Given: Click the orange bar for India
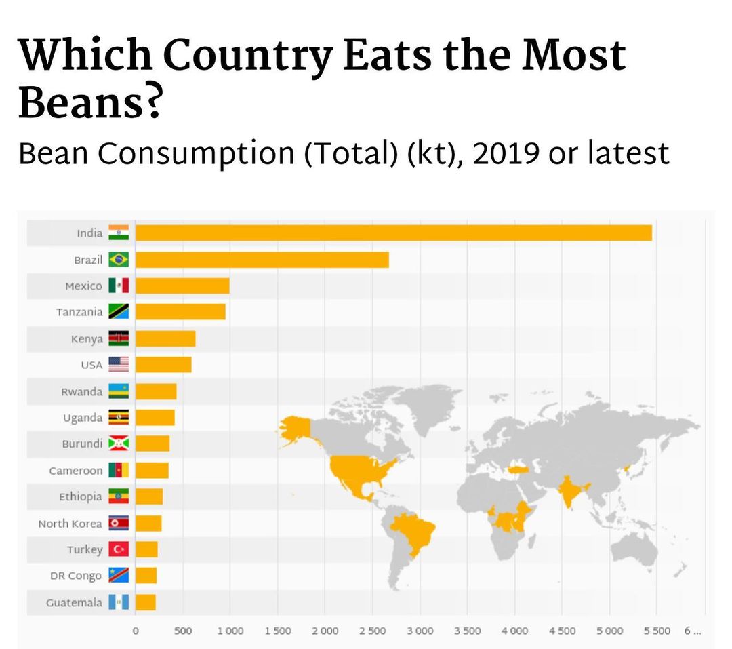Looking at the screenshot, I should coord(393,233).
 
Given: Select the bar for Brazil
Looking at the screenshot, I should coord(262,259).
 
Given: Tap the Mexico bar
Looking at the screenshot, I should coord(182,286).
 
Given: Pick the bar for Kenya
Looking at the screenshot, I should coord(165,338).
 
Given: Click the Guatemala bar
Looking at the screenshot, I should coord(146,602).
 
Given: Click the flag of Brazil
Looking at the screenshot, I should coord(119,259).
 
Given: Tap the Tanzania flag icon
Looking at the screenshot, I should coord(119,312).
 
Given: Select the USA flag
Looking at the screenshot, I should coord(119,365).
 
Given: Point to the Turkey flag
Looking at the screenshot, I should coord(119,549).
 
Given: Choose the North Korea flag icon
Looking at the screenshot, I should coord(119,523).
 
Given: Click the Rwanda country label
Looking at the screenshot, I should coord(81,391).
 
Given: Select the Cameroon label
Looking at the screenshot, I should coord(76,471).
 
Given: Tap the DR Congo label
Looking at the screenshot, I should coord(76,576).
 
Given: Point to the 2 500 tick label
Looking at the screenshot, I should coord(372,631).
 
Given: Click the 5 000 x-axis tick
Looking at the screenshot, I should coord(609,631).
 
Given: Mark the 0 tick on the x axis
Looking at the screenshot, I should coord(135,631).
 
